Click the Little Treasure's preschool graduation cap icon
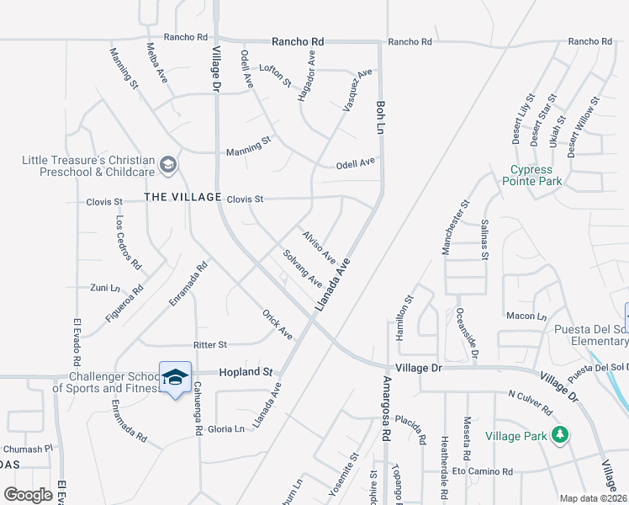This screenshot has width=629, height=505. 168,164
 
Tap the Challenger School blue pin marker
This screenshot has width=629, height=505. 175,380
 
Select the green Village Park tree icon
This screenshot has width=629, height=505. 558,434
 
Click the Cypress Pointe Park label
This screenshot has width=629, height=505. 533,174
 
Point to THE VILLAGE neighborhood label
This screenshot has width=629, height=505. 182,197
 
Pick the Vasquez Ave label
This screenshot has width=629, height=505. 357,90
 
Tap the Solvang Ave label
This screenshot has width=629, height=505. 303,267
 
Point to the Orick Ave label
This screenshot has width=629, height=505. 277,324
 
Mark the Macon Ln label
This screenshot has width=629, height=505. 527,316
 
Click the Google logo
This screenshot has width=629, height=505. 28,494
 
